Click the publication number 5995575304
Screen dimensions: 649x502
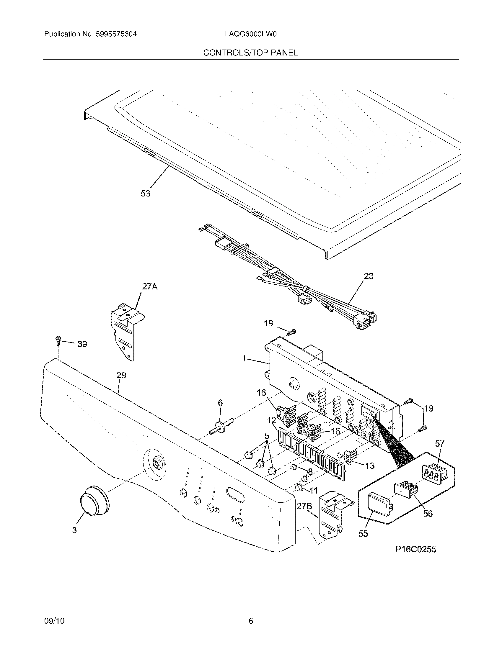[116, 34]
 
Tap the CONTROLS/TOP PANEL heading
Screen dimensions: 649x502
[250, 53]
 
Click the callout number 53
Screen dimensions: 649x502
[145, 194]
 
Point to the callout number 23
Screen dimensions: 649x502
[369, 276]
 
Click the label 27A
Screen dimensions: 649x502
[150, 287]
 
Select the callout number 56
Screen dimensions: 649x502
[428, 513]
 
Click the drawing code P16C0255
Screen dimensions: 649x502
[415, 550]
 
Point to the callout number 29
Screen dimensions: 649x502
[121, 375]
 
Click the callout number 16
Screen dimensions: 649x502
[261, 393]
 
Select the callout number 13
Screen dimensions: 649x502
[370, 465]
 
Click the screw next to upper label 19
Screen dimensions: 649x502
[293, 331]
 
